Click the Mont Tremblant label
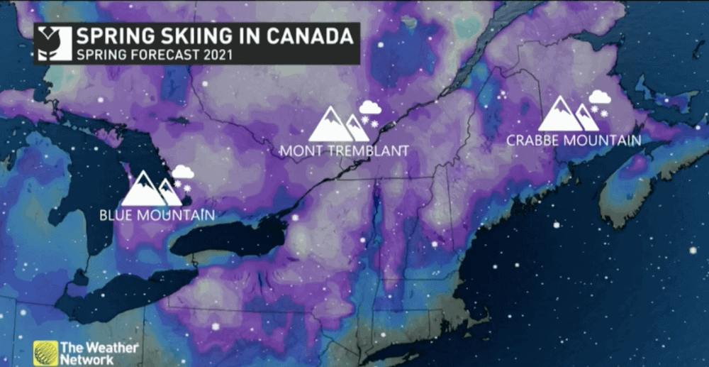pos(344,151)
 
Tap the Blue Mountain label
pos(157,214)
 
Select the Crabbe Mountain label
pos(574,141)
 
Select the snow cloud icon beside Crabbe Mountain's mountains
pos(600,100)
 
